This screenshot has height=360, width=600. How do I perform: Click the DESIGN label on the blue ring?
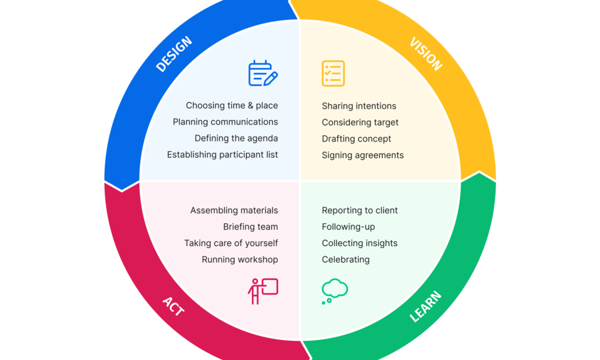tap(174, 54)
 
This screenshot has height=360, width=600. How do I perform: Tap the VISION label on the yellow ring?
tap(426, 54)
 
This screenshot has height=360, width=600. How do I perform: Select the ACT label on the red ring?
tap(173, 306)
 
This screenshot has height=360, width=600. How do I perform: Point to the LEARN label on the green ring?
tap(425, 307)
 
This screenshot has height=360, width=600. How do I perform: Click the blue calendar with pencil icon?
tap(263, 73)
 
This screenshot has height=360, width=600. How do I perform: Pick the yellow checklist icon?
tap(333, 73)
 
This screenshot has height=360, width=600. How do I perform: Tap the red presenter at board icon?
tap(263, 291)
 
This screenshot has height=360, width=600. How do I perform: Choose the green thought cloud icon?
tap(335, 291)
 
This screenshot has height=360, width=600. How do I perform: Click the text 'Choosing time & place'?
tap(232, 105)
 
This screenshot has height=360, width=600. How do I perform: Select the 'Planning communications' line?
tap(225, 122)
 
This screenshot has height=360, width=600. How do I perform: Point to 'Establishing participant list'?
tap(222, 155)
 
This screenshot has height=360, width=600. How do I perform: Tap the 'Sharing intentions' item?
tap(359, 106)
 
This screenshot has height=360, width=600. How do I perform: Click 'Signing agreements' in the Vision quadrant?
tap(363, 155)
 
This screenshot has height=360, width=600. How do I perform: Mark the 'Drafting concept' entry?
tap(356, 139)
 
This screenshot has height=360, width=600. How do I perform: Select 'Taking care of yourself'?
tap(231, 243)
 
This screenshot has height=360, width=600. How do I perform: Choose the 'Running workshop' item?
tap(240, 260)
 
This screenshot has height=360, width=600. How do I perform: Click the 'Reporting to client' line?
tap(360, 211)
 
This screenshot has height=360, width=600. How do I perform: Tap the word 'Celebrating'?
tap(345, 260)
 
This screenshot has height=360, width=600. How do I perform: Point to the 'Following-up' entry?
tap(348, 227)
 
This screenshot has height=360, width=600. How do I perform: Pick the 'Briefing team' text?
tap(251, 227)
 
